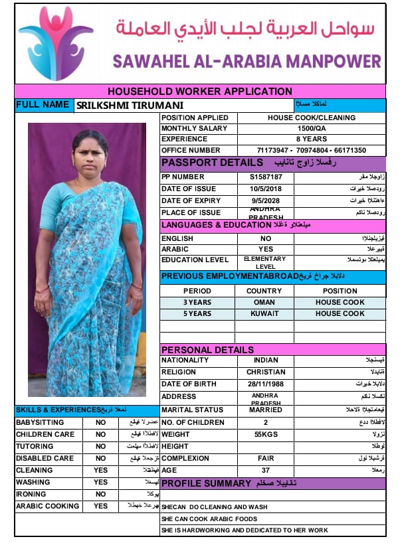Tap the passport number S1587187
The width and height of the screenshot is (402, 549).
266,177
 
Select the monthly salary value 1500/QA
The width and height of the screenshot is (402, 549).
312,128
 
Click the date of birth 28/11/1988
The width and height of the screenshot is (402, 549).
266,384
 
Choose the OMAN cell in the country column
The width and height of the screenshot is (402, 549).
264,302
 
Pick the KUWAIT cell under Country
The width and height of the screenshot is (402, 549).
264,313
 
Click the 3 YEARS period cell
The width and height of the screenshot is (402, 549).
197,302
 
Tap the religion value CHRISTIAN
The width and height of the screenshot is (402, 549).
266,372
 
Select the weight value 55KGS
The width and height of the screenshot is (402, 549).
266,434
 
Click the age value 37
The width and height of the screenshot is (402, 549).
266,470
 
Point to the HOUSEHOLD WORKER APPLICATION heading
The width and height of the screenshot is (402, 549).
199,92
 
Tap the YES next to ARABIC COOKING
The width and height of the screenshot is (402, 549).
100,506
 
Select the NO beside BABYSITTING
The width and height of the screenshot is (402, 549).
100,422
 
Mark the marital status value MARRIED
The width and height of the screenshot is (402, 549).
266,410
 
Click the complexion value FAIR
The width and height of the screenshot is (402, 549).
266,458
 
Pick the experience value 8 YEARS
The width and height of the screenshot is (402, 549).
312,139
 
